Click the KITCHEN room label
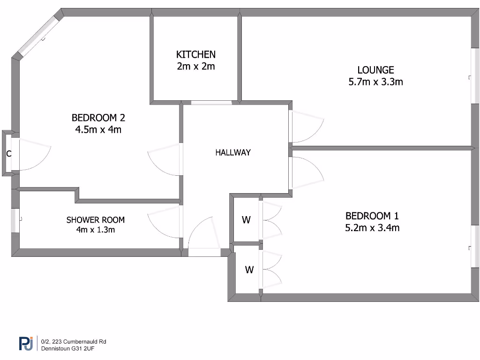pos(195,54)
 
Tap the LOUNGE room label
pos(375,70)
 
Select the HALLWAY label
pos(233,152)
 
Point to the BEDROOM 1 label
pos(372,216)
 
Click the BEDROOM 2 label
pos(98,117)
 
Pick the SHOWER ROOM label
pos(96,220)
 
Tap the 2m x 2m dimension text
pos(195,67)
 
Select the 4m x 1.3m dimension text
pos(96,230)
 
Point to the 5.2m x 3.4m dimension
pos(372,228)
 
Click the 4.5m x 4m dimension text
pos(98,129)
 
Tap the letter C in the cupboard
pos(8,154)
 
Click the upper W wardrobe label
pos(246,219)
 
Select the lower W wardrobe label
pos(249,270)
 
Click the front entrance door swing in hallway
pos(204,234)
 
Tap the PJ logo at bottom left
pos(28,344)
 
